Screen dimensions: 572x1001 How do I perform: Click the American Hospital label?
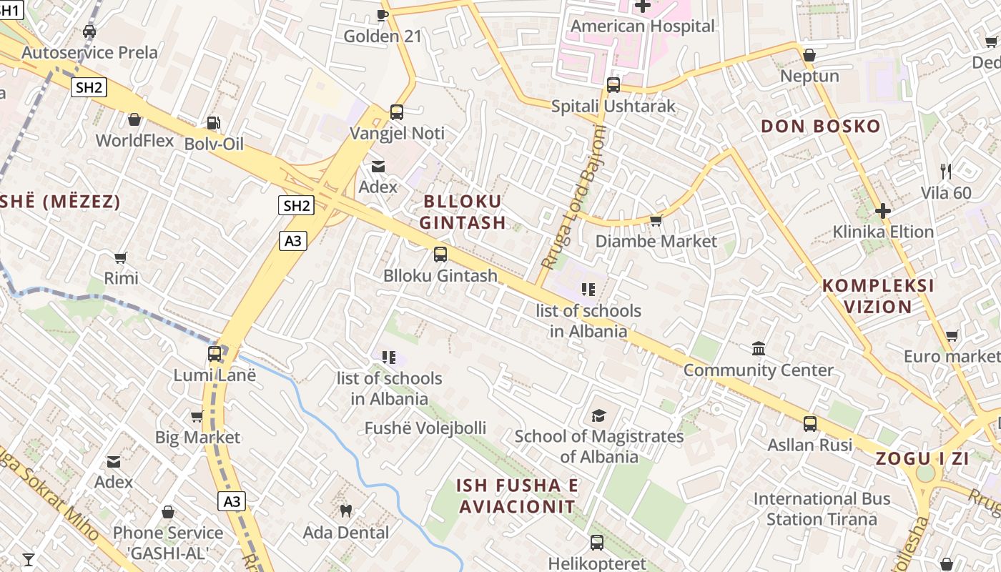tap(642, 26)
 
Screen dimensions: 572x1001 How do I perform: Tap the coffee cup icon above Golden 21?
tap(383, 15)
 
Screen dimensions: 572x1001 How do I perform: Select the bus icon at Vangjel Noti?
tap(397, 112)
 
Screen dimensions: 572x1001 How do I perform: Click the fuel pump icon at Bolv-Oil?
tap(213, 123)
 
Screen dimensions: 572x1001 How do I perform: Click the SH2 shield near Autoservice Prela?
tap(89, 88)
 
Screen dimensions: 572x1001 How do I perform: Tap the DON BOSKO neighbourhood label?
tap(820, 127)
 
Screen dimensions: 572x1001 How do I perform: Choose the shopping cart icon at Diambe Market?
tap(656, 220)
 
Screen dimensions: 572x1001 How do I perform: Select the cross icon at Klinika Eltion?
tap(883, 211)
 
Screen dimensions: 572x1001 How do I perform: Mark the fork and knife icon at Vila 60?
tap(946, 172)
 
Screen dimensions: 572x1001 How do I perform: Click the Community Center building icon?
tap(759, 349)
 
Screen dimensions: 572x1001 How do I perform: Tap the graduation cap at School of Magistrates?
tap(598, 415)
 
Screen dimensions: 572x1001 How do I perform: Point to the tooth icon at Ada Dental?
tap(346, 511)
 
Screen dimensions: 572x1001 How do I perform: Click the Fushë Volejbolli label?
tap(425, 428)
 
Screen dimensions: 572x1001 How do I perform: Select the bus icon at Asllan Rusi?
tap(810, 424)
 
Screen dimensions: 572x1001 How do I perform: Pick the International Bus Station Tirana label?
tap(822, 508)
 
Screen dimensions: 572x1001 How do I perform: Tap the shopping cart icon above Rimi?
tap(121, 257)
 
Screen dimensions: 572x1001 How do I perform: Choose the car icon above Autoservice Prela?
tap(89, 31)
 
